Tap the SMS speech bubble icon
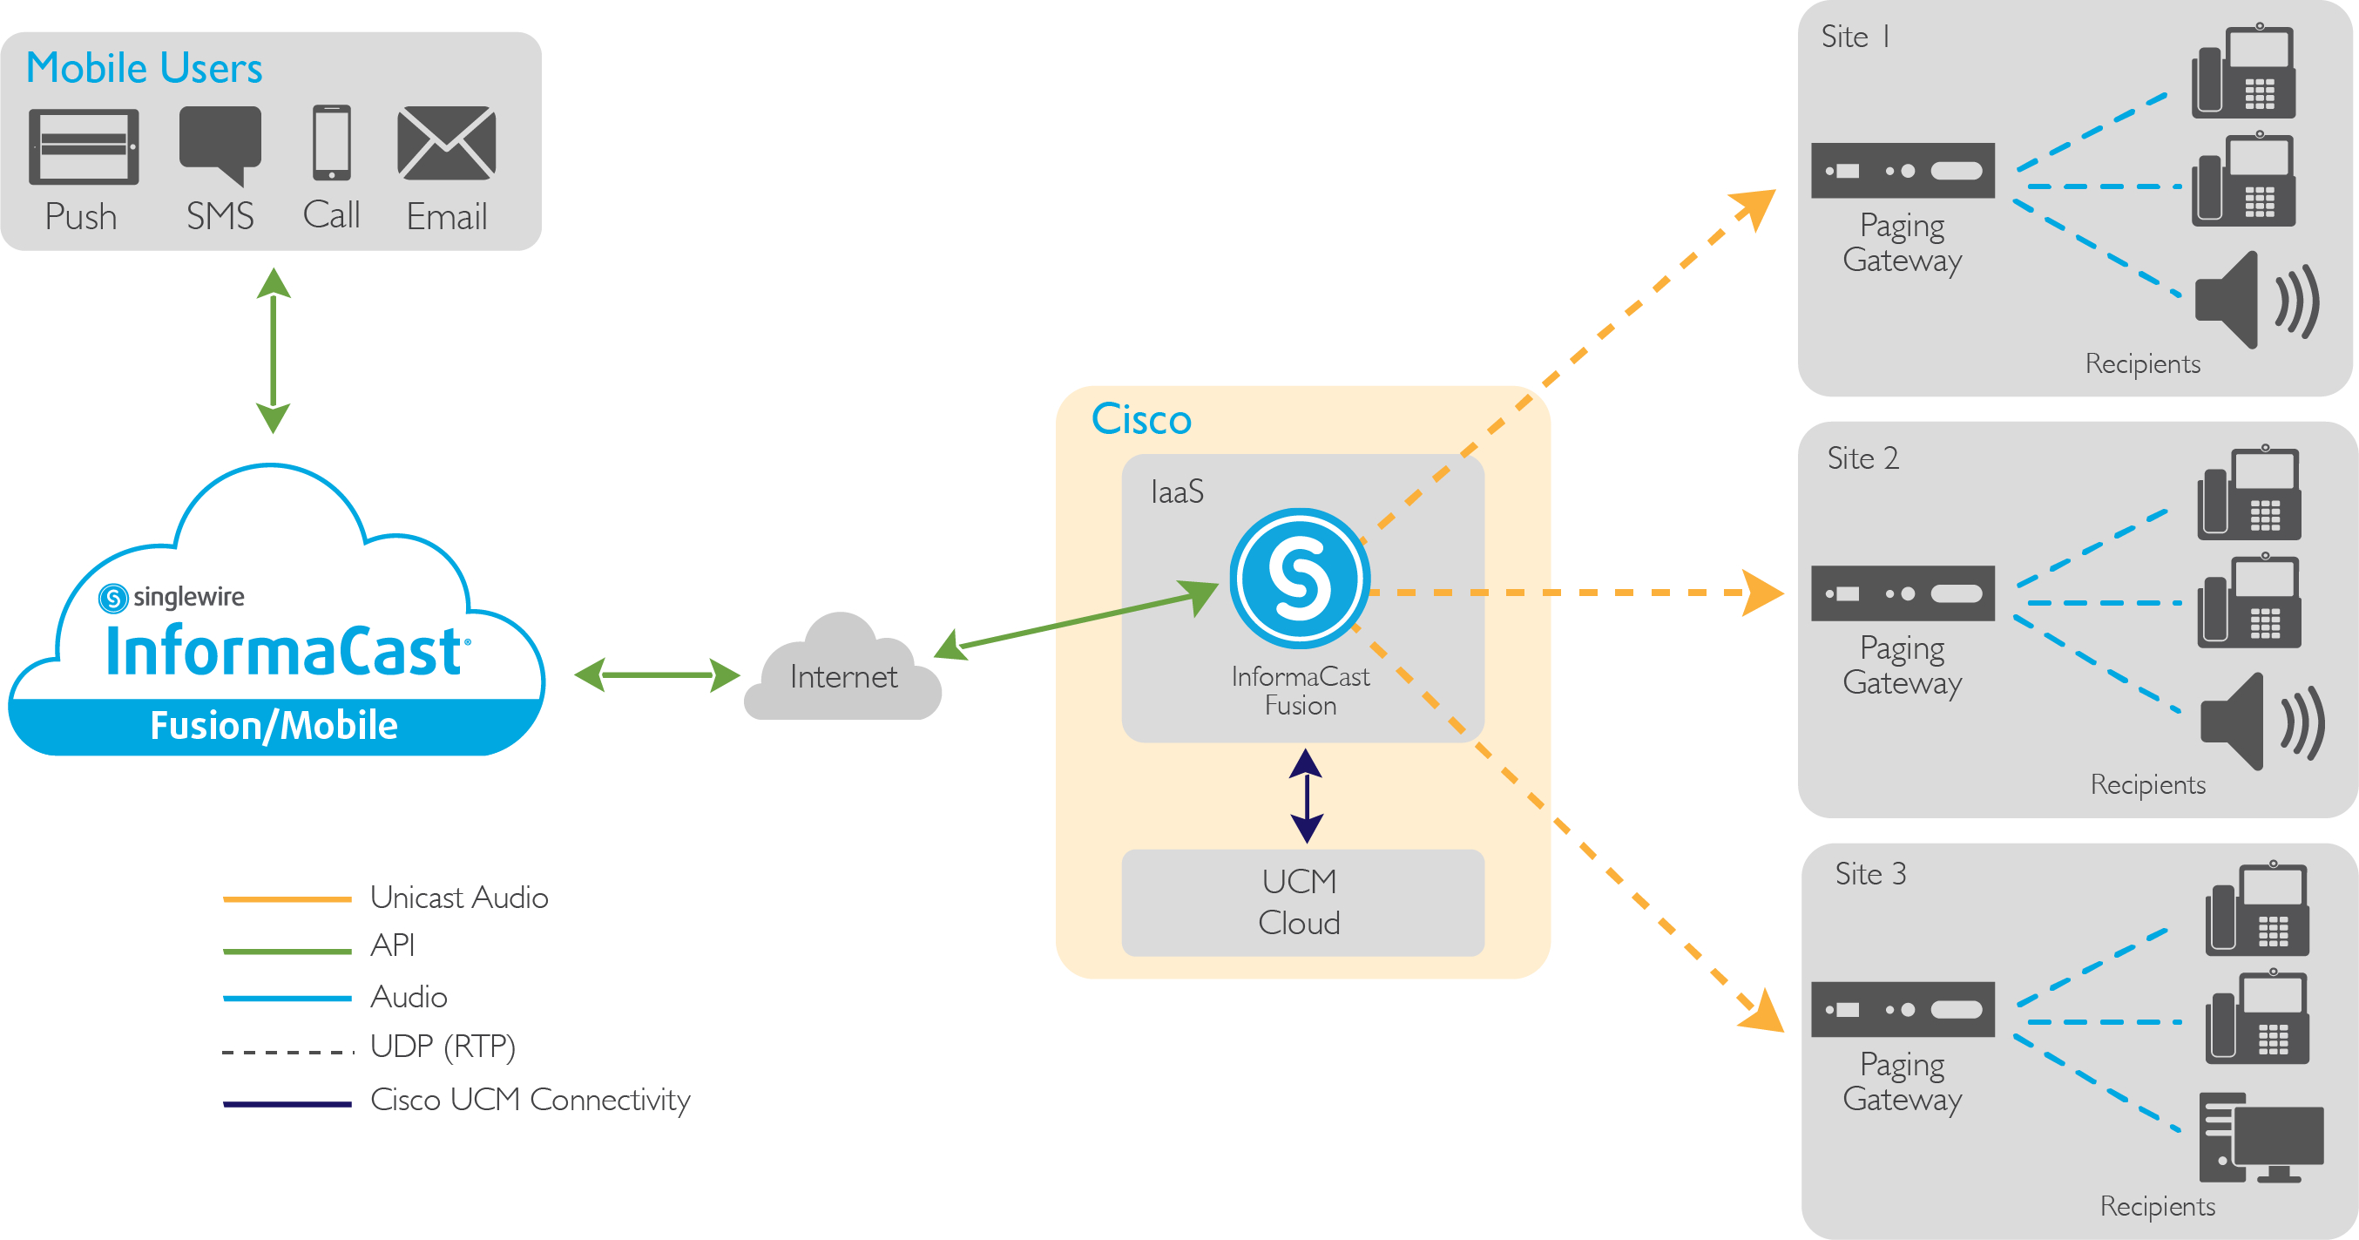coord(220,141)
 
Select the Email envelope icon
coord(447,143)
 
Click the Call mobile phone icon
coord(332,143)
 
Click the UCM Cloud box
coord(1301,902)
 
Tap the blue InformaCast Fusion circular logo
coord(1299,579)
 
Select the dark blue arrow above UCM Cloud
coord(1306,796)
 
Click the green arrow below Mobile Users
coord(273,349)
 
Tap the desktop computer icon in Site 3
coord(2259,1138)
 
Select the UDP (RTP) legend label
coord(443,1046)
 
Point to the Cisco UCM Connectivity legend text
coord(530,1099)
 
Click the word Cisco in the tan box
coord(1141,419)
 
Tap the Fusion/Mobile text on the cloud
coord(274,725)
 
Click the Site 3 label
coord(1870,874)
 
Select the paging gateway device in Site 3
coord(1902,1009)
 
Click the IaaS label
coord(1177,491)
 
